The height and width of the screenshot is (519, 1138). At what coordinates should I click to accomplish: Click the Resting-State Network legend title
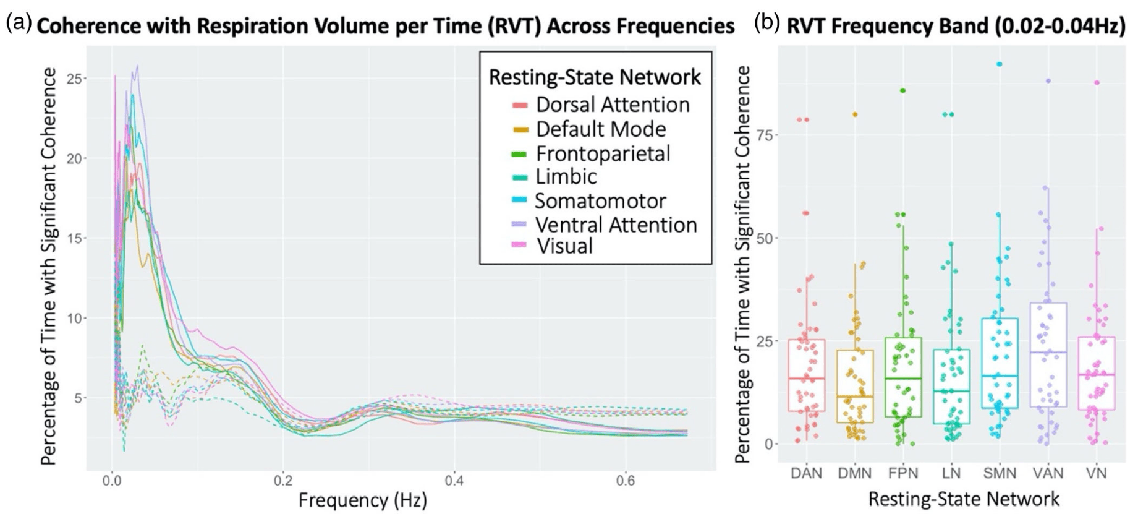tap(595, 77)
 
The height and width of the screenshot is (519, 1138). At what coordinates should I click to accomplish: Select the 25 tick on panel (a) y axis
tap(77, 79)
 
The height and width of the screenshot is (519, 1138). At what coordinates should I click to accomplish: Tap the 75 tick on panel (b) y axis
tap(766, 135)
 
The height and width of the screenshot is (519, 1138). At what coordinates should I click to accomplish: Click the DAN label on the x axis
tap(807, 473)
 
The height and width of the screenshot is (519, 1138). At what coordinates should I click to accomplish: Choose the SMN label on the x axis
tap(1000, 473)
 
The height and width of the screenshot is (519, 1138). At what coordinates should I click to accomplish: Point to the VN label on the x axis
tap(1097, 473)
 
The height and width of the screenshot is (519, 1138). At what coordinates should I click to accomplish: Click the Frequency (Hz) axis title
tap(363, 500)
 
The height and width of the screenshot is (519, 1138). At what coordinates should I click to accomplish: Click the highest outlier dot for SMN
tap(999, 64)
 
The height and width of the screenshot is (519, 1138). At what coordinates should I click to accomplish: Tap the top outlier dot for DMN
tap(856, 114)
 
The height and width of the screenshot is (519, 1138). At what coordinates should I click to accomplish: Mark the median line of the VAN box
tap(1048, 352)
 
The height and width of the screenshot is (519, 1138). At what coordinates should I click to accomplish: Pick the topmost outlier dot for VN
tap(1097, 82)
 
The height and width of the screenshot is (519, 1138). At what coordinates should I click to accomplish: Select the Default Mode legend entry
tap(600, 129)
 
